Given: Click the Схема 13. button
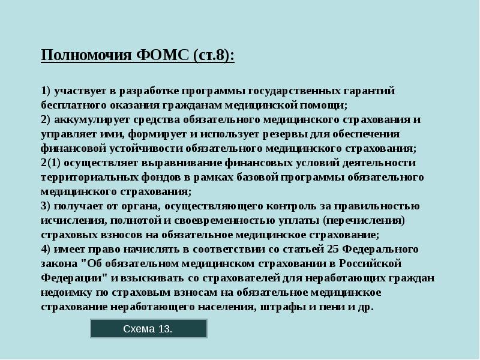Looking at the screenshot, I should coord(148,329).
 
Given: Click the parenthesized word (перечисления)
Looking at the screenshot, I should coord(364,220).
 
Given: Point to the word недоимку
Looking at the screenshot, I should coord(67,292).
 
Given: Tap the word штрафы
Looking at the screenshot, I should coord(275,307).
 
